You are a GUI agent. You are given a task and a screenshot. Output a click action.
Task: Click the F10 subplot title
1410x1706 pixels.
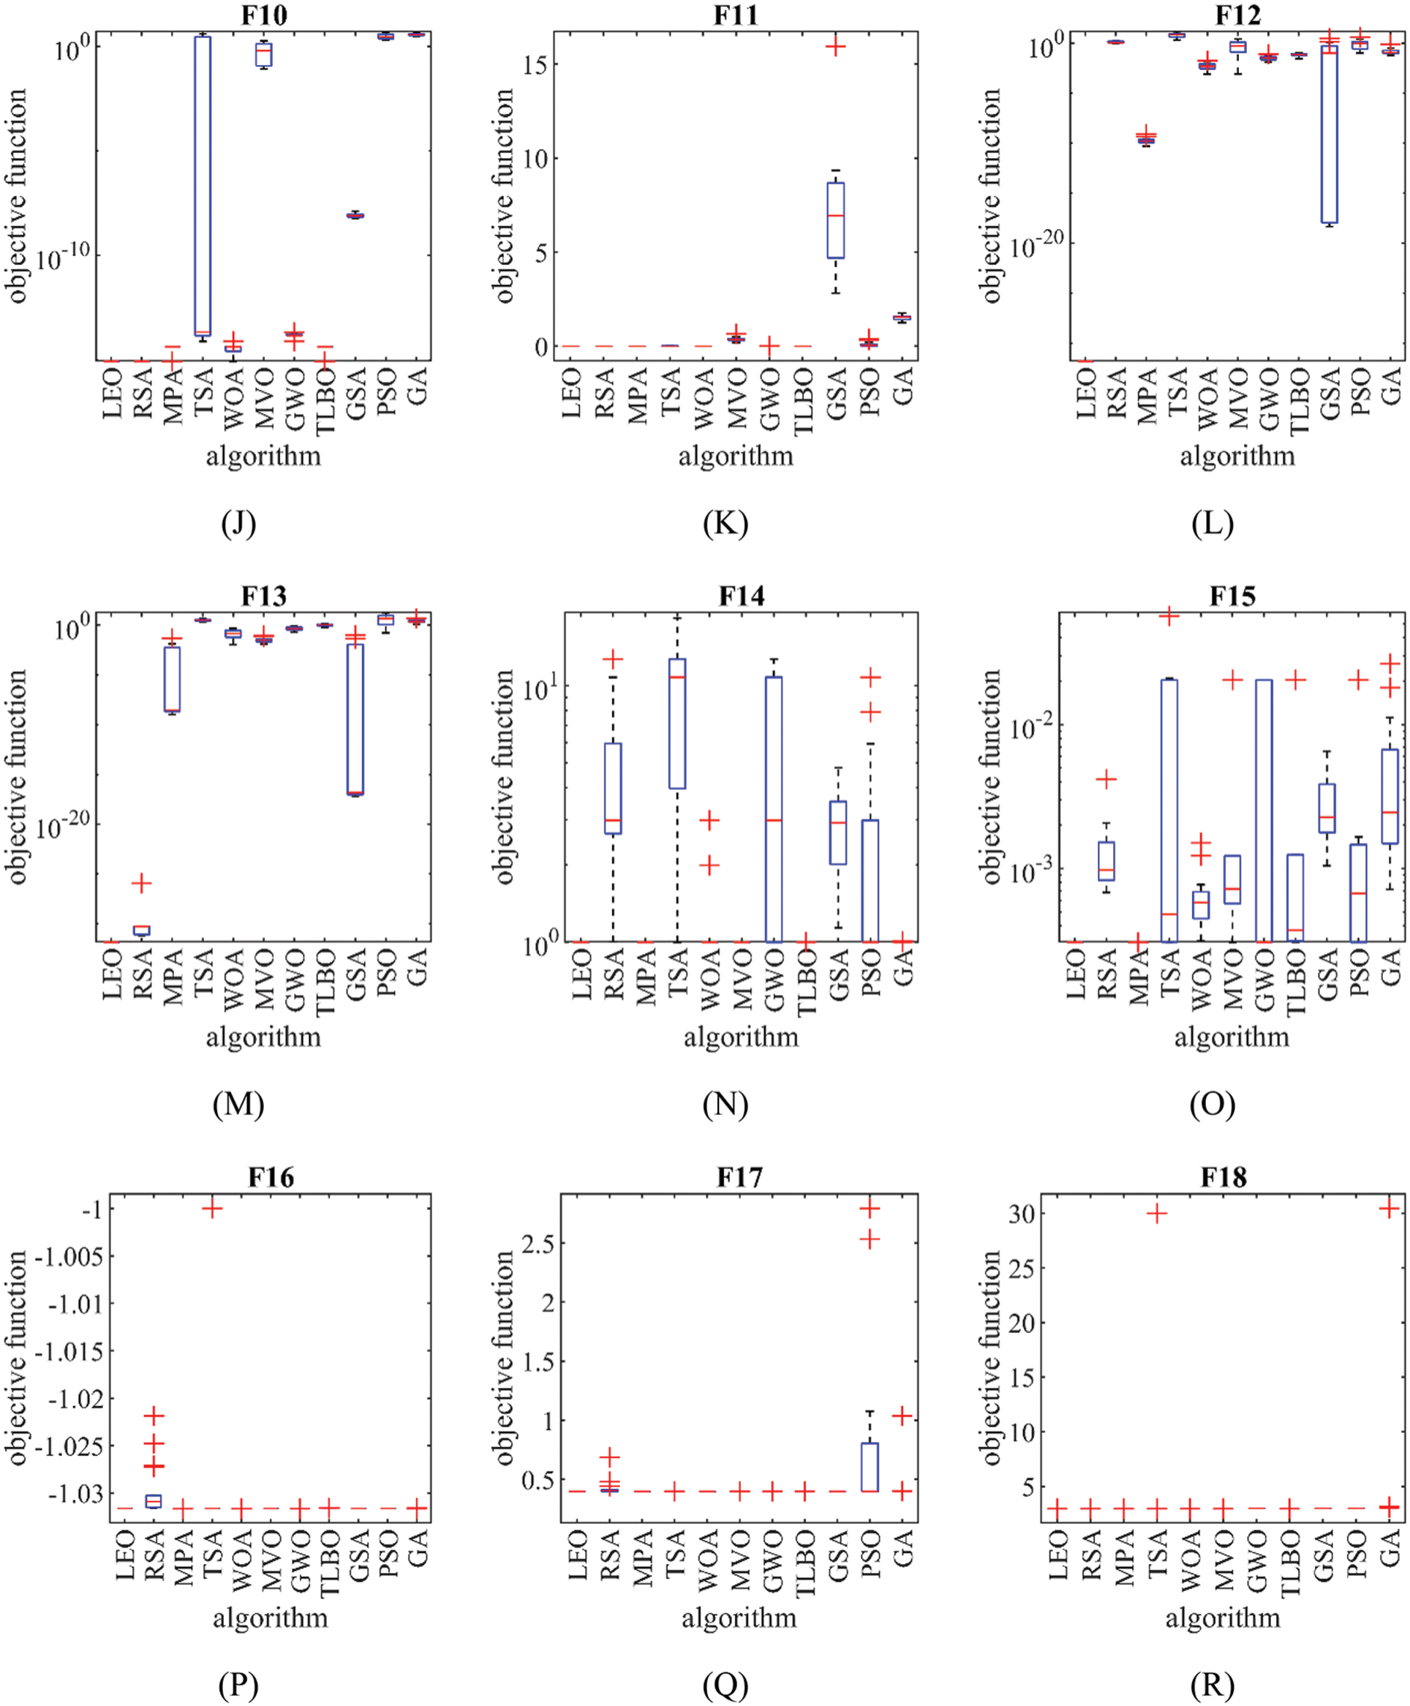[x=264, y=15]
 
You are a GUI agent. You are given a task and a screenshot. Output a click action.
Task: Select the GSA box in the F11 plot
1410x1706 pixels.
[x=836, y=220]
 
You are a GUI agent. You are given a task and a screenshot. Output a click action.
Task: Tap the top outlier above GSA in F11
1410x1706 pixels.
[x=836, y=47]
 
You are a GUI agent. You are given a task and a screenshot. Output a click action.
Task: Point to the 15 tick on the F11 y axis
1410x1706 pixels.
[x=535, y=65]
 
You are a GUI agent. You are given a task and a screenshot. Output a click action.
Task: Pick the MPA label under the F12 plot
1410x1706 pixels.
[x=1147, y=396]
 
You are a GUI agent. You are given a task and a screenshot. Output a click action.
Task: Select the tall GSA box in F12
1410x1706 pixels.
[x=1330, y=134]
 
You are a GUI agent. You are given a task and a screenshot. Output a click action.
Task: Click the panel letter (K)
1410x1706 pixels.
[x=725, y=523]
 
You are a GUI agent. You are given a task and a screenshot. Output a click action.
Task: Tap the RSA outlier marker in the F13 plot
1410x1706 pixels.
[x=142, y=883]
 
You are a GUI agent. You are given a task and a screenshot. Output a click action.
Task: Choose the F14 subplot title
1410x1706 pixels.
[x=741, y=596]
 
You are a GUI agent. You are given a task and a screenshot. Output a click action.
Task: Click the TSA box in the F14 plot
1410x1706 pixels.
[x=677, y=723]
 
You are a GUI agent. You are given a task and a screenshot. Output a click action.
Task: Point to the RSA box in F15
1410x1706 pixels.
[x=1106, y=861]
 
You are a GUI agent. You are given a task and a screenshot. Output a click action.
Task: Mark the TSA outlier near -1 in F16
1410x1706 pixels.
[x=212, y=1209]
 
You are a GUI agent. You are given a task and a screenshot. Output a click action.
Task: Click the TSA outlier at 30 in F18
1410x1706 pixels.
[x=1156, y=1214]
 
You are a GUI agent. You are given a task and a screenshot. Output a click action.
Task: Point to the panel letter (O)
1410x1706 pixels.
[x=1212, y=1104]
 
